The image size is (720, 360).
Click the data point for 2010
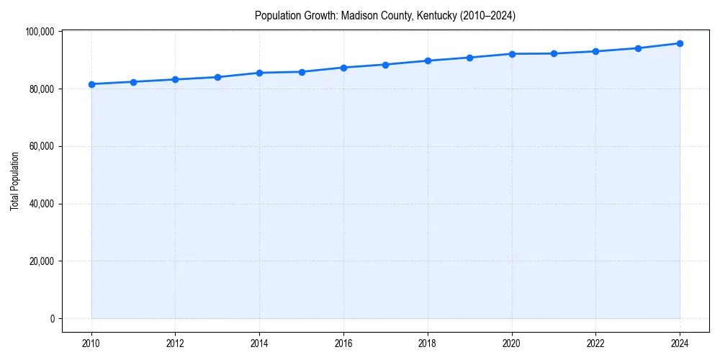(91, 84)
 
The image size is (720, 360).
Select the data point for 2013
(217, 77)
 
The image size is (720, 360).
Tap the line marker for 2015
(302, 72)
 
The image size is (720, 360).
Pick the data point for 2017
(385, 65)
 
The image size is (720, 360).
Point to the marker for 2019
(469, 58)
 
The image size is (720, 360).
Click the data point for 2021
(554, 53)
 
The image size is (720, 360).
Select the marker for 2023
(638, 48)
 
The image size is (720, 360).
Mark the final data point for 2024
(680, 43)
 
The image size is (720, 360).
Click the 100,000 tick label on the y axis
(40, 32)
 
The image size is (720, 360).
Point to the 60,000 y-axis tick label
(42, 146)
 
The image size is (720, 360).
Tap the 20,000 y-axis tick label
(42, 261)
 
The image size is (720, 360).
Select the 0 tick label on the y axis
(52, 319)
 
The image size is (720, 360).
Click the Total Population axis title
(14, 181)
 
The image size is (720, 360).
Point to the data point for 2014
(259, 73)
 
